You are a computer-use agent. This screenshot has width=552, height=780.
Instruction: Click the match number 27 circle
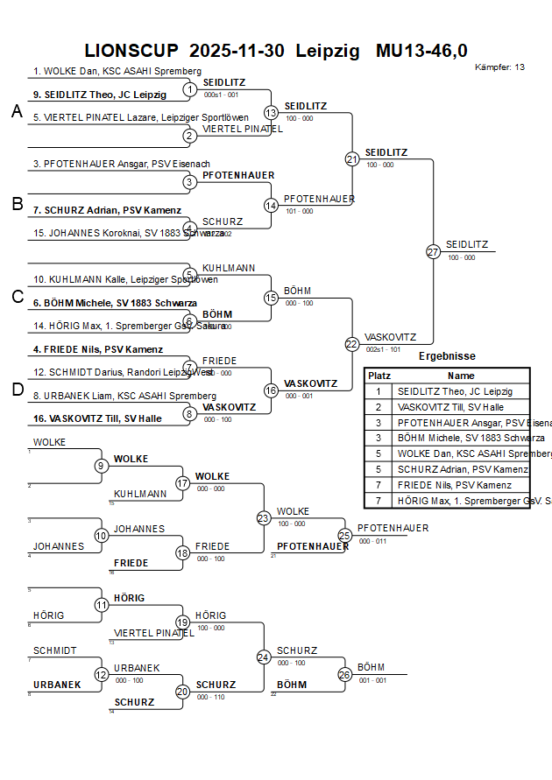pos(432,251)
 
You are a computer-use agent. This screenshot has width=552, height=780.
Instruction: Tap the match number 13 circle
pos(271,112)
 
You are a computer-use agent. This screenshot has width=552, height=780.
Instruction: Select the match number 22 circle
pos(352,344)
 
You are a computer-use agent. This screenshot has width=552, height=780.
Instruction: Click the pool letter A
pos(16,111)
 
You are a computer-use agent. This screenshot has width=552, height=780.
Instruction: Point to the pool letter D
pos(16,390)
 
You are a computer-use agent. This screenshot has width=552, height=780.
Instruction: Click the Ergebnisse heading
pos(447,356)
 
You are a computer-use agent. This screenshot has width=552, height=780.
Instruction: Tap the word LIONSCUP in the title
pos(131,51)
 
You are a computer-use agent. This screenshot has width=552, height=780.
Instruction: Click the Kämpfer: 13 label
pos(499,67)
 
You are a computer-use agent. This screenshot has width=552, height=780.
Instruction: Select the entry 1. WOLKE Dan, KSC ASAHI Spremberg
pos(117,72)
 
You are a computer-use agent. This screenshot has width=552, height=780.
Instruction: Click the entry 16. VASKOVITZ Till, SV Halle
pos(97,418)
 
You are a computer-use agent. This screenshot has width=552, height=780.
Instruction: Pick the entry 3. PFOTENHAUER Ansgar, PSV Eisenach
pos(122,164)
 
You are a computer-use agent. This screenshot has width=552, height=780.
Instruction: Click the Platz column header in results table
pos(379,375)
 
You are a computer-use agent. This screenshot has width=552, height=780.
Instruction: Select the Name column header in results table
pos(461,375)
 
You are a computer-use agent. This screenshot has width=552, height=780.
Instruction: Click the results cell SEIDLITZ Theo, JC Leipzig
pos(455,391)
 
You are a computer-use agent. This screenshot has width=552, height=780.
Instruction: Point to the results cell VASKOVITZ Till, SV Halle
pos(450,407)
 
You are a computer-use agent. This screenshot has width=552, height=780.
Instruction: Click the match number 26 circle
pos(344,675)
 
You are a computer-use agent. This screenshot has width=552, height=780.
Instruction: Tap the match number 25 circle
pos(344,535)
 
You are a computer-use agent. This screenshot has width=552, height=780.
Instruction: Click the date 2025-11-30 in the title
pos(237,51)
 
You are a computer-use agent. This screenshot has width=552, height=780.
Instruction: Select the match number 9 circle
pos(102,466)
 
